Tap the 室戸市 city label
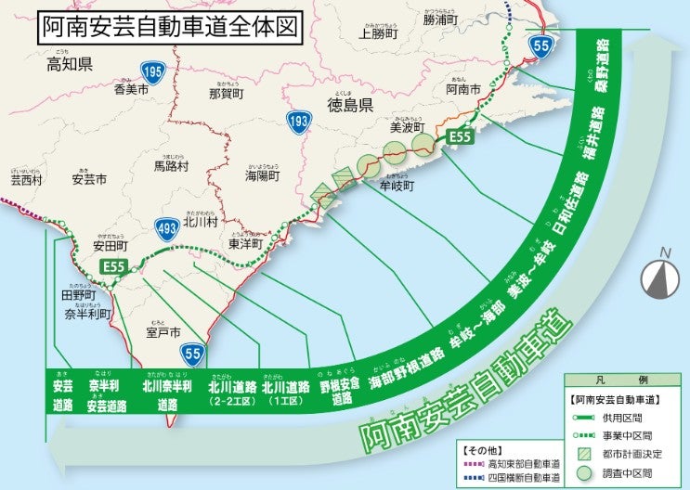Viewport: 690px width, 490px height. coord(163,331)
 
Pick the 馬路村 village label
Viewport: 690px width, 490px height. coord(171,166)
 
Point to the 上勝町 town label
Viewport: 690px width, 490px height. coord(377,33)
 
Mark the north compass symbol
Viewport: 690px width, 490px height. coord(659,275)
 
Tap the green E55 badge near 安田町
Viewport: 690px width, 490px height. coord(114,266)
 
